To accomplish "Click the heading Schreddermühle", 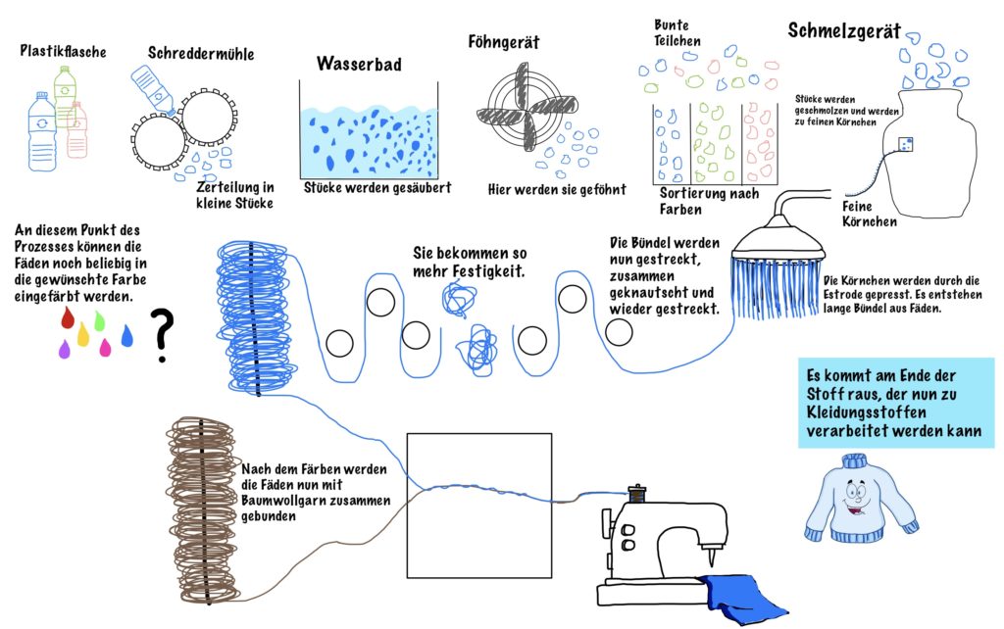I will click(x=201, y=53).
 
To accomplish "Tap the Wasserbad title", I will click(x=359, y=64).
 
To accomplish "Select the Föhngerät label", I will click(x=503, y=42).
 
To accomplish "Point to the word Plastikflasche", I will click(x=63, y=50).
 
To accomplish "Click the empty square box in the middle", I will click(x=478, y=505).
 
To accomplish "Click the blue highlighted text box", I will click(x=895, y=403).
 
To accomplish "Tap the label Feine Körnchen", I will click(x=869, y=214).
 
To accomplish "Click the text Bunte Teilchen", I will click(x=677, y=32).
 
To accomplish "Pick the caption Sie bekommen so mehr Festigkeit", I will click(x=469, y=262).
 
